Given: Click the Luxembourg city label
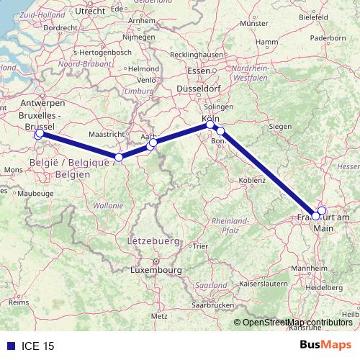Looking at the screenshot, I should pyautogui.click(x=156, y=270).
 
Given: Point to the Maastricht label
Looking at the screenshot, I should pyautogui.click(x=106, y=134).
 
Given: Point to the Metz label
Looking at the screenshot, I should pyautogui.click(x=160, y=315).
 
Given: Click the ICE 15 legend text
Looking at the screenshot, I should pyautogui.click(x=38, y=346).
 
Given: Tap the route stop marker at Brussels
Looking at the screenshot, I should pyautogui.click(x=39, y=134).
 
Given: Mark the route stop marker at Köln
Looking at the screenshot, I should pyautogui.click(x=211, y=125).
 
